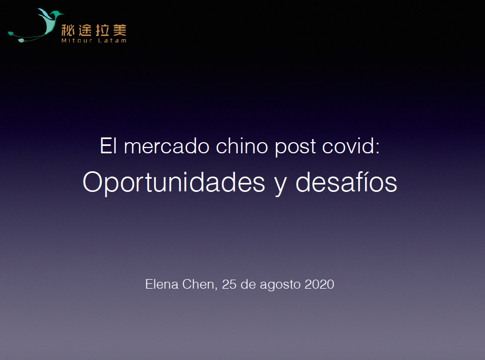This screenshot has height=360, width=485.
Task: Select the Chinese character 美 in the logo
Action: [x=120, y=30]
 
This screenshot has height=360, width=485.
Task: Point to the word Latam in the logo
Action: [x=113, y=40]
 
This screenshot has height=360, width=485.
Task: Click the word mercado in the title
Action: [x=166, y=146]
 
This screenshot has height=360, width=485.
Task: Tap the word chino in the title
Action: [x=242, y=146]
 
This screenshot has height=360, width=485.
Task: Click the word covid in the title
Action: [x=351, y=146]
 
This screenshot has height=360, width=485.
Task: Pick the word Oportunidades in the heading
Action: [x=174, y=183]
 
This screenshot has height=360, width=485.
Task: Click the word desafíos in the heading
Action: [x=346, y=182]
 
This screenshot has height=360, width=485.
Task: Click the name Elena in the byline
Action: [x=162, y=284]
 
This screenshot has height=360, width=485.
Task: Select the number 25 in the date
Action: [x=229, y=284]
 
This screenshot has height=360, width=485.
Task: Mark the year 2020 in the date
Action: [x=319, y=284]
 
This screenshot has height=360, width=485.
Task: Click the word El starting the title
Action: [x=108, y=146]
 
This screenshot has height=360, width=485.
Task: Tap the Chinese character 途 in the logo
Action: [x=85, y=30]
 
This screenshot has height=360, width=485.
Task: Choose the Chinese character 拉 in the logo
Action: [x=102, y=30]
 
